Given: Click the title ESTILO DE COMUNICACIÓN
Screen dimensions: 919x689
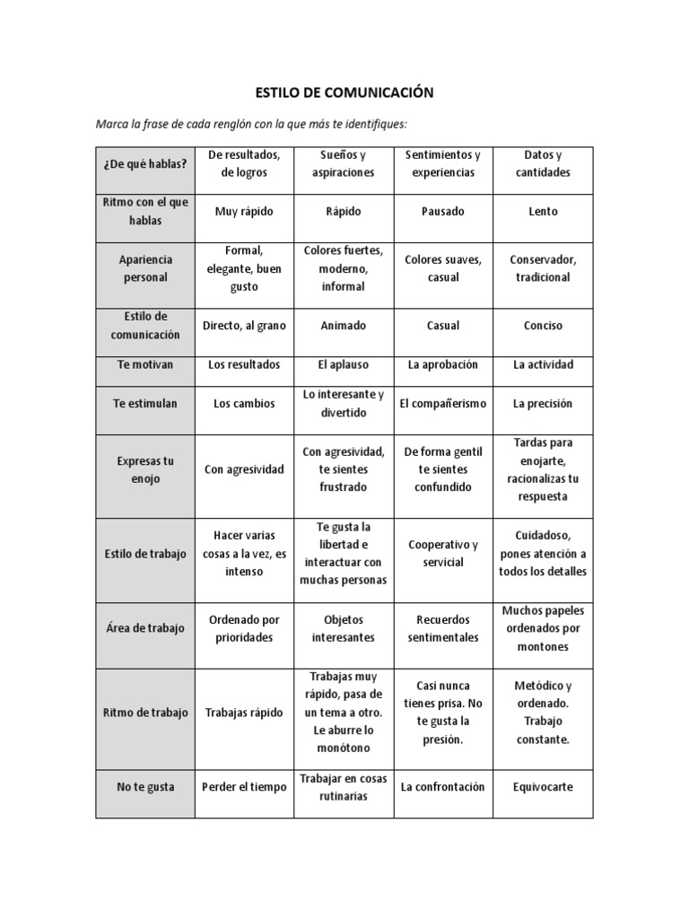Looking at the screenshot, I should point(345,92).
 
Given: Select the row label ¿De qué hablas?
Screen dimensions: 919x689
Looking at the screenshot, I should point(144,163).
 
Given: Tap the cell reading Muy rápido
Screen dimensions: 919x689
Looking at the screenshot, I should point(244,212).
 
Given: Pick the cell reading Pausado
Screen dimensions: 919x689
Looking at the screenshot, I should point(443,212).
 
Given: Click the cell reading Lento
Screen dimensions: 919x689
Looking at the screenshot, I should point(543,212).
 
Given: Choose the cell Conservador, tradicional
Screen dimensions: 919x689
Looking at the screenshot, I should point(543,268).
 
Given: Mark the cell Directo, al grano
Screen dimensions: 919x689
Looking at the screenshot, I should point(244,326).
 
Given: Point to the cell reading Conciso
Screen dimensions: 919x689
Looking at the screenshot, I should point(543,326).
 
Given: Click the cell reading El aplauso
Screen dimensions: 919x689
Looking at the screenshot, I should point(344,365).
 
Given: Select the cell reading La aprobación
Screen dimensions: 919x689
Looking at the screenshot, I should point(443,365).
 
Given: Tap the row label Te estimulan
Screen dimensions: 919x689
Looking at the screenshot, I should point(144,404).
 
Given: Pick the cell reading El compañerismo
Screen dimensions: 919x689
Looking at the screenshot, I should point(443,404).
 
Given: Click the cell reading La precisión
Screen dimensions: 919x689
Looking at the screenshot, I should point(543,404).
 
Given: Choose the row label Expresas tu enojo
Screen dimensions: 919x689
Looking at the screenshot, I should point(144,469).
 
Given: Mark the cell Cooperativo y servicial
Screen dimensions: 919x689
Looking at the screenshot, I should point(443,554).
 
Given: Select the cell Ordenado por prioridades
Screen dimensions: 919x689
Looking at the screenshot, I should point(244,628).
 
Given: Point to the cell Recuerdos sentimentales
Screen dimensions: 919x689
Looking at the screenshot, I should point(443,628).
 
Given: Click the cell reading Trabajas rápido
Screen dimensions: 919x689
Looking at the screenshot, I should point(244,713).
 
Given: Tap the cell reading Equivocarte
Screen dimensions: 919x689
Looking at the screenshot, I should point(543,787).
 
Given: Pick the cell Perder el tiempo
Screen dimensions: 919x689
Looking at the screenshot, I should point(244,787).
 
